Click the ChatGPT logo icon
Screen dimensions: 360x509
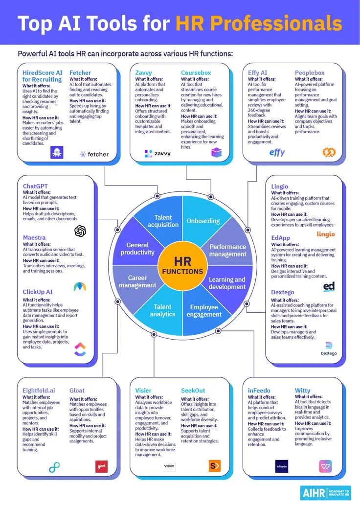(80, 231)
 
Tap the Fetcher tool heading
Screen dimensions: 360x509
(80, 73)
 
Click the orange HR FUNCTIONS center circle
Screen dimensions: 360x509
(182, 266)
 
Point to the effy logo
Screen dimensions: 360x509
(277, 152)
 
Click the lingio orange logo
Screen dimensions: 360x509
(326, 234)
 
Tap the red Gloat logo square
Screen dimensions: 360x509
(102, 466)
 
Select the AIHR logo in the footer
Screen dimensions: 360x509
(325, 493)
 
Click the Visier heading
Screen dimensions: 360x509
(143, 391)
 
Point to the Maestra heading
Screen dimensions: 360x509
(34, 238)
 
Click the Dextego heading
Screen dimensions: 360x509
(283, 292)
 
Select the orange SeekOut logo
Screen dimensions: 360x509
(215, 466)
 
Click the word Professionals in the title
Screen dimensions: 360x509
(259, 23)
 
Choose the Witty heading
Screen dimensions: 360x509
(303, 391)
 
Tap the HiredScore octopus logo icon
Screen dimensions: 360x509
(57, 152)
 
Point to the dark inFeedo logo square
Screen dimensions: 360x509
(282, 466)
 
